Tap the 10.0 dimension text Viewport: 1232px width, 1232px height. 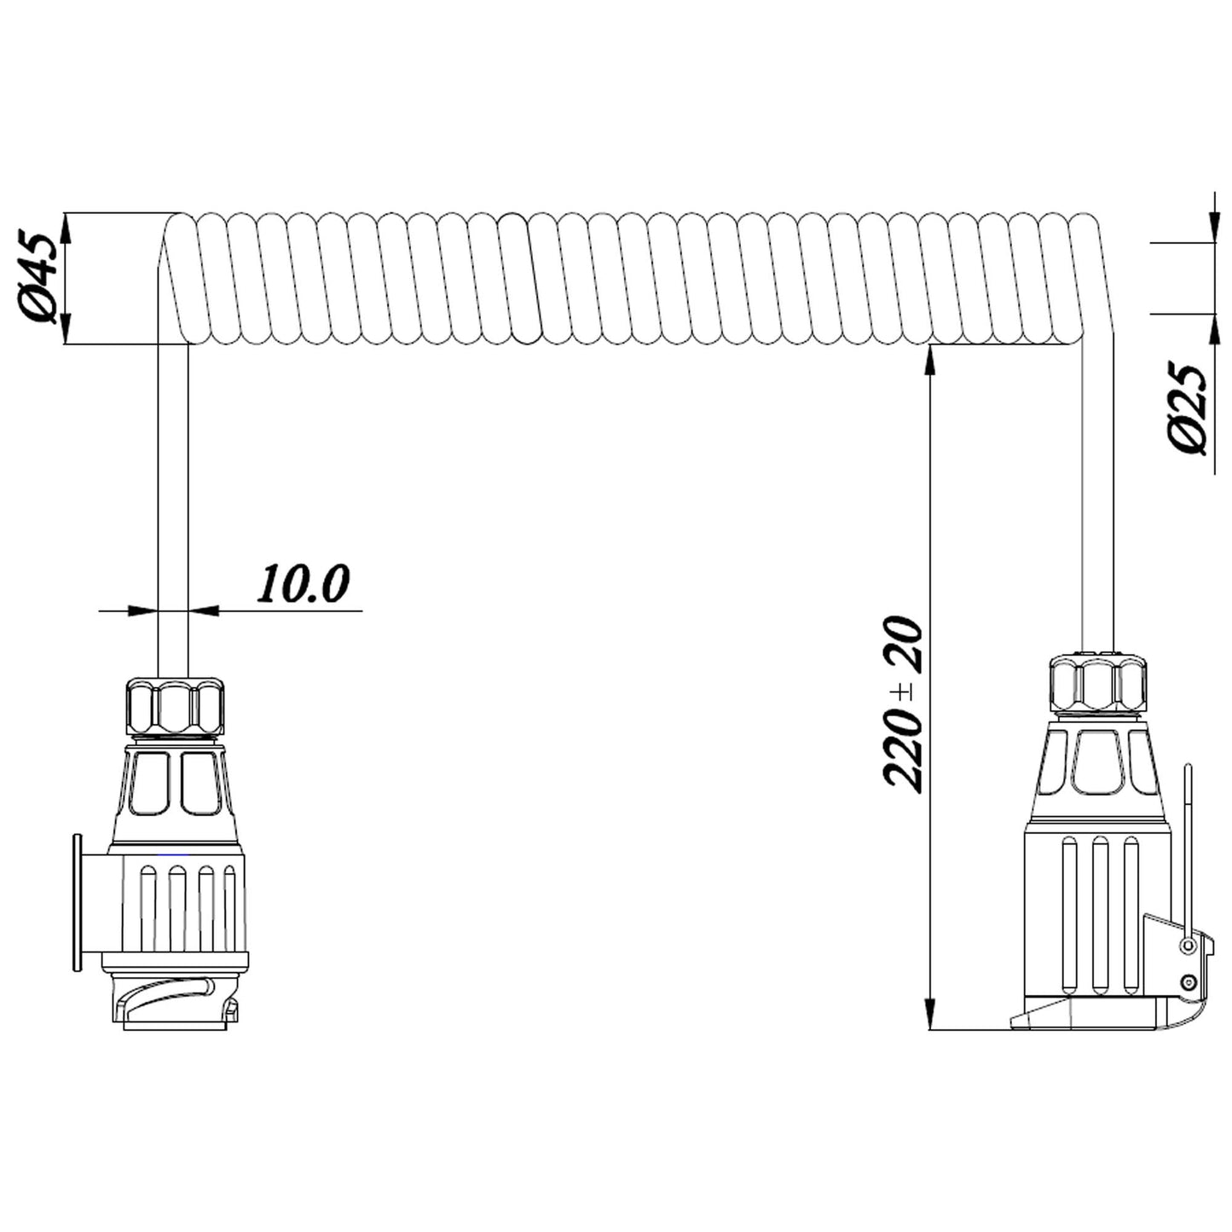click(304, 584)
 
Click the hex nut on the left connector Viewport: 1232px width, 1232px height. click(175, 705)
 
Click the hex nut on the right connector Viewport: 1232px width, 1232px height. click(1097, 682)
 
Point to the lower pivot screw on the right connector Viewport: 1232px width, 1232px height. click(1188, 983)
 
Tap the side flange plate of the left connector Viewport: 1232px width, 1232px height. click(77, 902)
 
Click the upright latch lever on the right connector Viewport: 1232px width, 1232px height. click(1188, 844)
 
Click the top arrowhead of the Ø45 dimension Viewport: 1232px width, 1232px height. click(66, 225)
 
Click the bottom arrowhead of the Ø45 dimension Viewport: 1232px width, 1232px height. click(66, 331)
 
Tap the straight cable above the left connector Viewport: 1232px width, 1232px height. click(173, 512)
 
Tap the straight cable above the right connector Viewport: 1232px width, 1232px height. click(1098, 512)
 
